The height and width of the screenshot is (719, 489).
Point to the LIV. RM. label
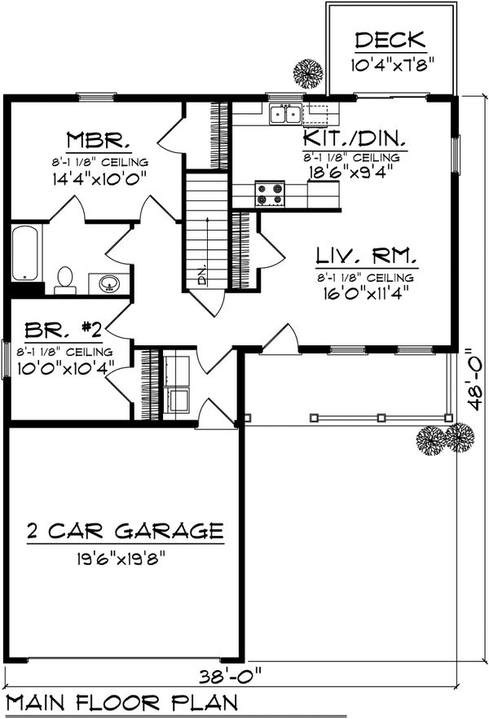[368, 256]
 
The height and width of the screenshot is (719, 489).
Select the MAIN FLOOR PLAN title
[122, 703]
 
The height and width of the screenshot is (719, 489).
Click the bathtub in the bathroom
[26, 253]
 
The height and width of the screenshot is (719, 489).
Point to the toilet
[64, 280]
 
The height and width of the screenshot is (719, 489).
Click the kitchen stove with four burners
[271, 195]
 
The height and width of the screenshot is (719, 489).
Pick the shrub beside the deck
[308, 73]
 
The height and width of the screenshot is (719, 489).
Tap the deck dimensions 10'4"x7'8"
[390, 64]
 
